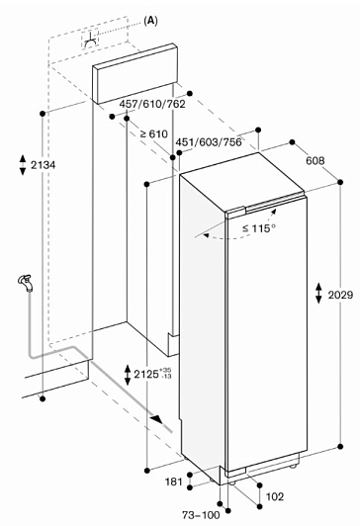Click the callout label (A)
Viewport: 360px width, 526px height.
point(150,21)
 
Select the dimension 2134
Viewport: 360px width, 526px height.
point(44,165)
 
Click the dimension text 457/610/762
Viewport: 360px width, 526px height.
point(152,104)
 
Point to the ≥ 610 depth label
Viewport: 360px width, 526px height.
point(153,133)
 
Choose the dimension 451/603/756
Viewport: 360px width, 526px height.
point(209,142)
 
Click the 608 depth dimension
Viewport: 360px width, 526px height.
point(315,161)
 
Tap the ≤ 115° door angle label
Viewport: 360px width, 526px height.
point(259,228)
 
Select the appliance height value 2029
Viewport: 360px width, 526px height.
point(340,295)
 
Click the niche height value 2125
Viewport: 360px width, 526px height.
point(146,374)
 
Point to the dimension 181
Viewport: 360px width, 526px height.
point(174,482)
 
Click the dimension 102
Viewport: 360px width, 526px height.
point(275,496)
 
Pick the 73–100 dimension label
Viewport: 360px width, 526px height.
point(201,515)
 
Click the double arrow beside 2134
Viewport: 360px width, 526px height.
point(23,165)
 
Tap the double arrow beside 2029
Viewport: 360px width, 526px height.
point(318,294)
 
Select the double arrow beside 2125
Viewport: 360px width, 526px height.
point(128,375)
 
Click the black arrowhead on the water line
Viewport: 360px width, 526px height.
point(156,419)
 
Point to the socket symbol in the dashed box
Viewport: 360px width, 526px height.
point(91,42)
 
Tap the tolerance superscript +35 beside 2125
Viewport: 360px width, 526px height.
point(167,371)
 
